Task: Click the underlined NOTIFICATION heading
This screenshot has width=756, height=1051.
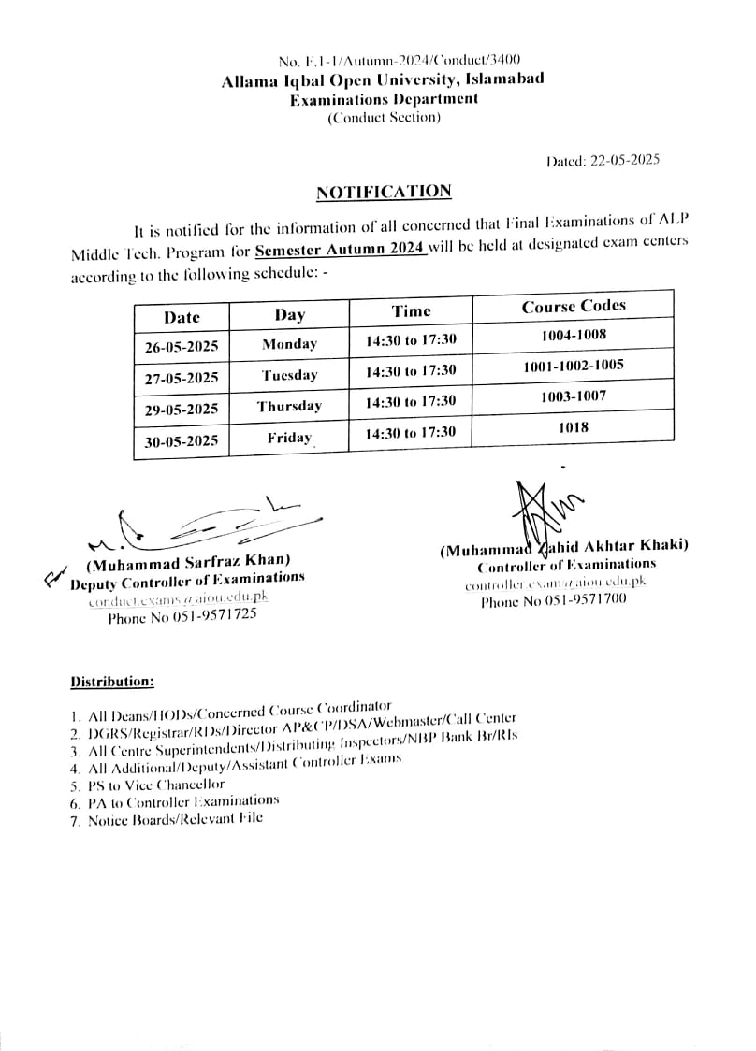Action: click(x=384, y=192)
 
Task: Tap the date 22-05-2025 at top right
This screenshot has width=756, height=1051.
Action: click(x=625, y=159)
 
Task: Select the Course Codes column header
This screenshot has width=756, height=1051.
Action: click(x=574, y=306)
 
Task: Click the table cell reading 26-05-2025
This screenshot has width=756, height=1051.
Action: click(x=182, y=346)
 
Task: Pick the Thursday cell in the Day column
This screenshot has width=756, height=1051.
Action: click(x=289, y=406)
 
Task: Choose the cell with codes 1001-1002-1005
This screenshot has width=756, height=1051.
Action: click(x=574, y=366)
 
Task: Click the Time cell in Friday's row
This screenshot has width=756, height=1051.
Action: click(x=411, y=431)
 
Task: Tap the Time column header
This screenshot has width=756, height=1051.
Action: click(x=411, y=310)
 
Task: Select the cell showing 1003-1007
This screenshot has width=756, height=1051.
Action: click(x=574, y=396)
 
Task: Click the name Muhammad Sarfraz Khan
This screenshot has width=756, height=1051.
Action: click(x=188, y=563)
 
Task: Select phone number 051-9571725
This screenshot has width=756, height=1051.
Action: click(x=182, y=617)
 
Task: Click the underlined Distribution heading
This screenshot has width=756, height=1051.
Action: click(x=112, y=682)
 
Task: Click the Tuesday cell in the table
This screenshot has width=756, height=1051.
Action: click(x=289, y=375)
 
